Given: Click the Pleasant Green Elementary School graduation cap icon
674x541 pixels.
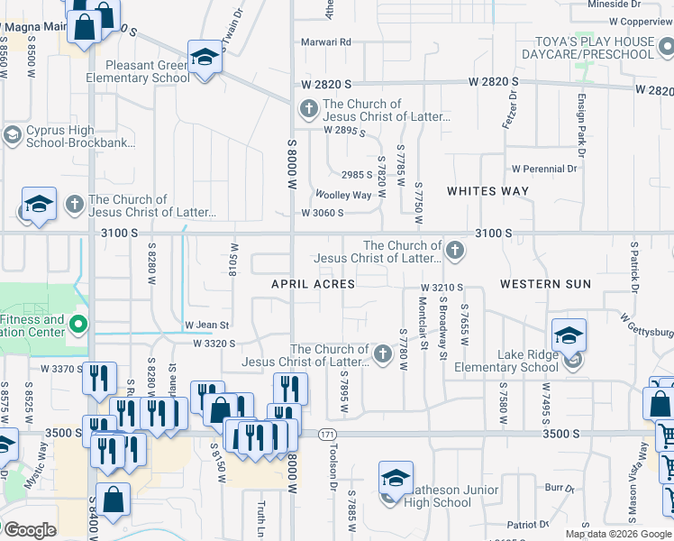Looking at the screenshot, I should tap(205, 59).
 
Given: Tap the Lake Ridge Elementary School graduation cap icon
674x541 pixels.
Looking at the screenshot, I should tap(568, 336).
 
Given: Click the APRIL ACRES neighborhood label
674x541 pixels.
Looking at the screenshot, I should tap(314, 284).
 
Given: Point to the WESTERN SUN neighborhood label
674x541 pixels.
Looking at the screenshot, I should tap(545, 284).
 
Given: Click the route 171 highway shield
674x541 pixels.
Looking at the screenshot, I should tap(322, 434).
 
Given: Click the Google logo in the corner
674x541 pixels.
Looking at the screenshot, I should tap(31, 530).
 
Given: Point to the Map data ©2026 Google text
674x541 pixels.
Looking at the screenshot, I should tap(617, 534).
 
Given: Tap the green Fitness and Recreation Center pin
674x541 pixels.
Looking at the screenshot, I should tap(78, 324).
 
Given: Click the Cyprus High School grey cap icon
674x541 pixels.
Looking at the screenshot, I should tap(12, 135).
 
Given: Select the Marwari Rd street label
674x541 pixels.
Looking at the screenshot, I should tap(326, 41).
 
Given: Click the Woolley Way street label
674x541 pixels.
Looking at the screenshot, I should tap(343, 195).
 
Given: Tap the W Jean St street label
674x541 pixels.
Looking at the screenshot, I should tap(207, 325).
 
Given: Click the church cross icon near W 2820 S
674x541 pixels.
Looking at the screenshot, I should tap(308, 111).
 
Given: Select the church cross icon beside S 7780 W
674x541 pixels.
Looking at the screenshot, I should tap(383, 355).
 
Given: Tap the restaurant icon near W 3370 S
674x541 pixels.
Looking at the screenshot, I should tap(98, 378).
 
